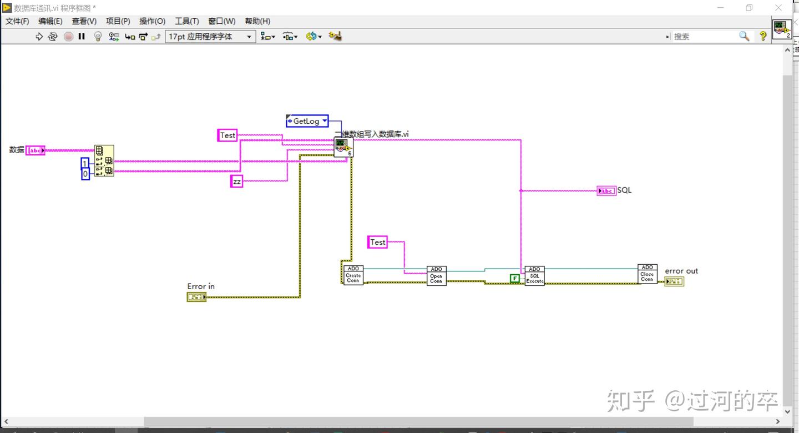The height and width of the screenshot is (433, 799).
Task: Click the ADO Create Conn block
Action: coord(353,275)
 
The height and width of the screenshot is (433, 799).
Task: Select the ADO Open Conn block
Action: coord(436,275)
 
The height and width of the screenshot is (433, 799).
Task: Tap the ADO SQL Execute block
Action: coord(534,275)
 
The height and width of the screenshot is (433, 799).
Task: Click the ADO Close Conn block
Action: coord(647,274)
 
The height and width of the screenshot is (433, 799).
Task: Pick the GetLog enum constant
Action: coord(307,121)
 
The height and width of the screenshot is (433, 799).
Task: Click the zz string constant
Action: coord(237,182)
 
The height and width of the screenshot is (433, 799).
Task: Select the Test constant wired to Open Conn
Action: coord(377,242)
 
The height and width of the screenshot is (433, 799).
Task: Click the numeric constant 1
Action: coord(85,163)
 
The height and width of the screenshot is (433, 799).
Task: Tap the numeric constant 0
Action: coord(85,174)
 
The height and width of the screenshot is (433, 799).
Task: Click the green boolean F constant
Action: coord(515,278)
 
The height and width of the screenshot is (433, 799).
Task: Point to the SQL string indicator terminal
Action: coord(606,191)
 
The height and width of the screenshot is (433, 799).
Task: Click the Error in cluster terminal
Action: coord(196,297)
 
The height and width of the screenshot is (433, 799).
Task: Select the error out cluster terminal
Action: coord(674,281)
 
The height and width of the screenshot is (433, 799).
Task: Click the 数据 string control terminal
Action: coord(36,150)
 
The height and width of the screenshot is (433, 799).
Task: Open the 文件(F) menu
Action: coord(17,21)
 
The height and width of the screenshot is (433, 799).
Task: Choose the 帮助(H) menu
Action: coord(257,21)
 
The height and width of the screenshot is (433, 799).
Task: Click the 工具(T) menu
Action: coord(186,21)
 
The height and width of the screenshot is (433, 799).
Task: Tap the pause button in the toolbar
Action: coord(82,37)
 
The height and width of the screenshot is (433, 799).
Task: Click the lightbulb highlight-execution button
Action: coord(98,37)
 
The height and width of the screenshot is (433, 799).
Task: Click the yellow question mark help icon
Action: coord(763,36)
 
